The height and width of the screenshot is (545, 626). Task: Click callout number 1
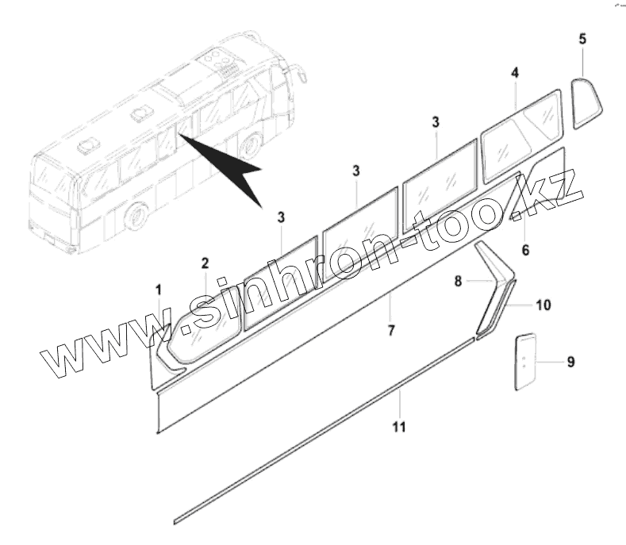158,289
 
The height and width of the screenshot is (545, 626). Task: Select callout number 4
515,73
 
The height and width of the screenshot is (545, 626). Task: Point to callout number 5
583,38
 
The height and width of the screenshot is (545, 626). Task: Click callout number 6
524,251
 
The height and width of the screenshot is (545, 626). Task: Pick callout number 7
390,330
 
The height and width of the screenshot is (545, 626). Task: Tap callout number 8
458,280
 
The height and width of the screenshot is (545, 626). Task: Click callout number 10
543,305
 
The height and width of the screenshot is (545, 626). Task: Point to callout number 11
399,428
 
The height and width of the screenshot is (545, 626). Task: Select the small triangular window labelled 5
586,101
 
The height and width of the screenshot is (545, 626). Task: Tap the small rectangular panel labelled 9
524,361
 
